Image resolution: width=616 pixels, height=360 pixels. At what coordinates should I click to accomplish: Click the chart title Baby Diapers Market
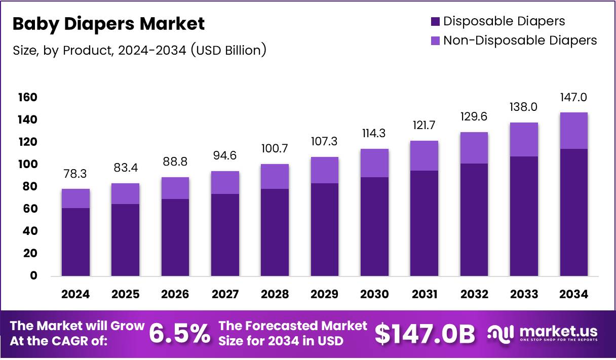click(108, 24)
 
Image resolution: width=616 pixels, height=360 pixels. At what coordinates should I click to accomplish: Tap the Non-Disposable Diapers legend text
click(520, 41)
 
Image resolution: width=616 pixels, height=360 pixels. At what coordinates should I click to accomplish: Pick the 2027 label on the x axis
click(225, 294)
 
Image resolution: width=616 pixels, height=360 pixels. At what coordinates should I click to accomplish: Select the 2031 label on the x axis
click(425, 294)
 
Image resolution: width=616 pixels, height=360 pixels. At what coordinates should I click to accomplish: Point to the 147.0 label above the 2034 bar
click(573, 97)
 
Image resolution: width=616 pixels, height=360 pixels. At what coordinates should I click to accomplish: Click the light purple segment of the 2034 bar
click(574, 131)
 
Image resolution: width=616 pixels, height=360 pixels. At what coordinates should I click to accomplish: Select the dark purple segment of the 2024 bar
click(76, 242)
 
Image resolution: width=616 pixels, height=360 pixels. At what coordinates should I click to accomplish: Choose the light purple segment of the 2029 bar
click(325, 170)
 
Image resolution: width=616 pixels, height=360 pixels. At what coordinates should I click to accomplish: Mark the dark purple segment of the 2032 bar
click(474, 220)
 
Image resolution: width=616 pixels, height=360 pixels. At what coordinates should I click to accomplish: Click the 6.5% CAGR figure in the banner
click(179, 334)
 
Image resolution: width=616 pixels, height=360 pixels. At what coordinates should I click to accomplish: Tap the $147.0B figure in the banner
click(425, 334)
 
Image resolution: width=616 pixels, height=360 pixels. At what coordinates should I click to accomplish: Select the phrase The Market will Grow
click(77, 326)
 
